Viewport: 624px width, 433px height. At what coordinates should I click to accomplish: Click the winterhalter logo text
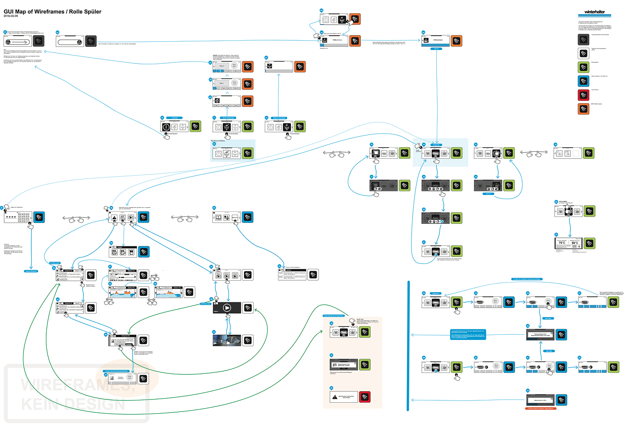pos(595,12)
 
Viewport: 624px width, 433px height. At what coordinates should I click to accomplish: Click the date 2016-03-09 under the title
pos(11,16)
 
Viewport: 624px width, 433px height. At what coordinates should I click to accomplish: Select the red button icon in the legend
pos(583,95)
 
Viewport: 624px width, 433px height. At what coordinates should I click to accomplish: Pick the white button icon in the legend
pos(583,53)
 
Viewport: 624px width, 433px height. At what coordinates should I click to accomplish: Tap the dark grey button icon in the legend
pos(583,39)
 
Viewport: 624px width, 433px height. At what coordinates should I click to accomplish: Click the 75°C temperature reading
pos(562,243)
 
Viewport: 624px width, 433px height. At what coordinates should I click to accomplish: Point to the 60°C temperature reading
pos(575,243)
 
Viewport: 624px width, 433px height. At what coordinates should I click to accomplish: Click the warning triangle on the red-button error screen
pos(334,397)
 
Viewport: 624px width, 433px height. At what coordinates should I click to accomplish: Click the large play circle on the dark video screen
pos(227,308)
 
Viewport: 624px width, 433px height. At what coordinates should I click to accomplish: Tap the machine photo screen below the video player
pos(227,340)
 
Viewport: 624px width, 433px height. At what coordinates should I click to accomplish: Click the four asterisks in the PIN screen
pos(11,217)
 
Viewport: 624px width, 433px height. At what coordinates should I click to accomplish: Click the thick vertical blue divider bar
pos(408,346)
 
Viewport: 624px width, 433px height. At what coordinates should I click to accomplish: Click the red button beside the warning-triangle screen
pos(365,397)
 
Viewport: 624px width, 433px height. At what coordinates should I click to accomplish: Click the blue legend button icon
pos(583,81)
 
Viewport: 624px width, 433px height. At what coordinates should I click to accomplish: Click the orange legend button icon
pos(583,109)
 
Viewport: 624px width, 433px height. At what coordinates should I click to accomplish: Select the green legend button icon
pos(583,67)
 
